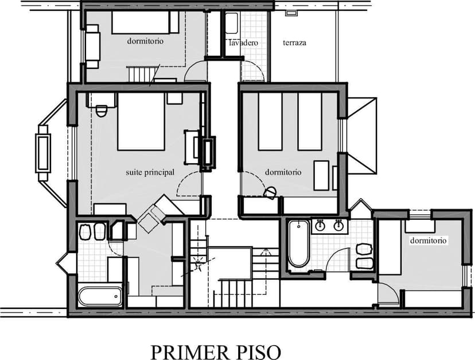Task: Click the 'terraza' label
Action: click(294, 42)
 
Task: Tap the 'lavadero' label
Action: click(243, 42)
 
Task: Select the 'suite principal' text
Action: click(150, 172)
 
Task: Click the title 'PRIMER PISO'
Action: click(216, 352)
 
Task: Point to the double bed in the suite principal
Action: click(141, 121)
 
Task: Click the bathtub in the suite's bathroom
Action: click(100, 297)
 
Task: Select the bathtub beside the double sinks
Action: click(299, 243)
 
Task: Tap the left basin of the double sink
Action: click(320, 226)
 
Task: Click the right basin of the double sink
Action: click(338, 226)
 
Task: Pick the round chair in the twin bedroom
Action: click(270, 193)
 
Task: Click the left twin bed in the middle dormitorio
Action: click(270, 121)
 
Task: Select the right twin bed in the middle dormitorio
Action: click(310, 121)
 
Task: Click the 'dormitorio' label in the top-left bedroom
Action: click(145, 41)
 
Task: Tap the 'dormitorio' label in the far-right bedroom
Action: click(428, 241)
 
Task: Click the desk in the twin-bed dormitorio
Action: click(321, 175)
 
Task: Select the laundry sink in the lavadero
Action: click(232, 23)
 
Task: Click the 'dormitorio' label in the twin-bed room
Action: click(283, 172)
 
